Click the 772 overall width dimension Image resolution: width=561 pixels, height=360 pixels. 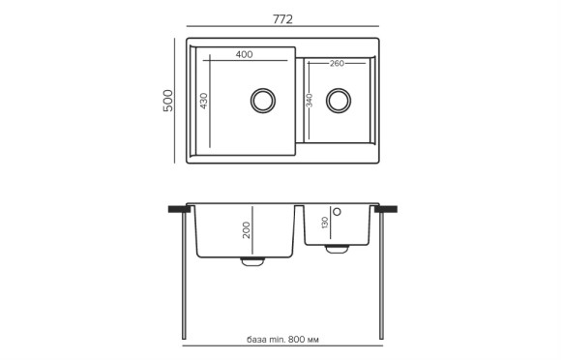coord(282,19)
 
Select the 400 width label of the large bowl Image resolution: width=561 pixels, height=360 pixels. coord(244,54)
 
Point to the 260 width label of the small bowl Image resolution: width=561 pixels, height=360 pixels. coord(337,64)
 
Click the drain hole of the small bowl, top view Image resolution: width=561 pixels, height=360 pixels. coord(339,99)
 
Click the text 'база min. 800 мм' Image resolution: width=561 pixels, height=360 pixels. coord(281,340)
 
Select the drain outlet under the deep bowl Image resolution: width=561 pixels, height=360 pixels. coord(251,260)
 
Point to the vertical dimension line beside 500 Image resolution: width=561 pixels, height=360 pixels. coord(176,100)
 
